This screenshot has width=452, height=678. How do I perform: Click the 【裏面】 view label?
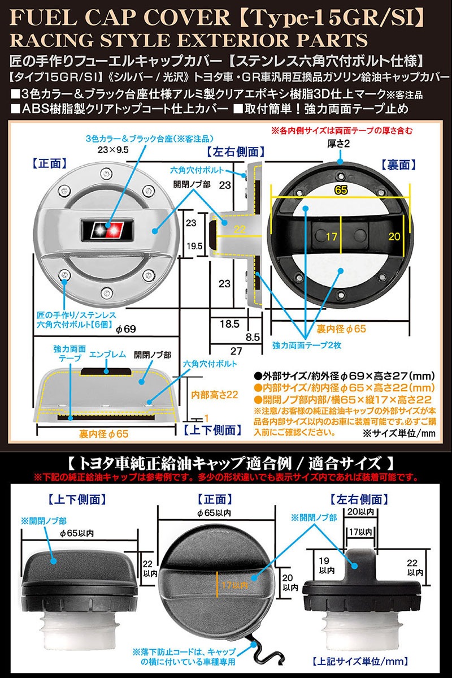[399, 165]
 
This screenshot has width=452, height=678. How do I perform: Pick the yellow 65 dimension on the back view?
[340, 191]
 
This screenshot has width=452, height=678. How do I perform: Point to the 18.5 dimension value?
[229, 324]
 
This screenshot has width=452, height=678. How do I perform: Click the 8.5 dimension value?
[253, 336]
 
